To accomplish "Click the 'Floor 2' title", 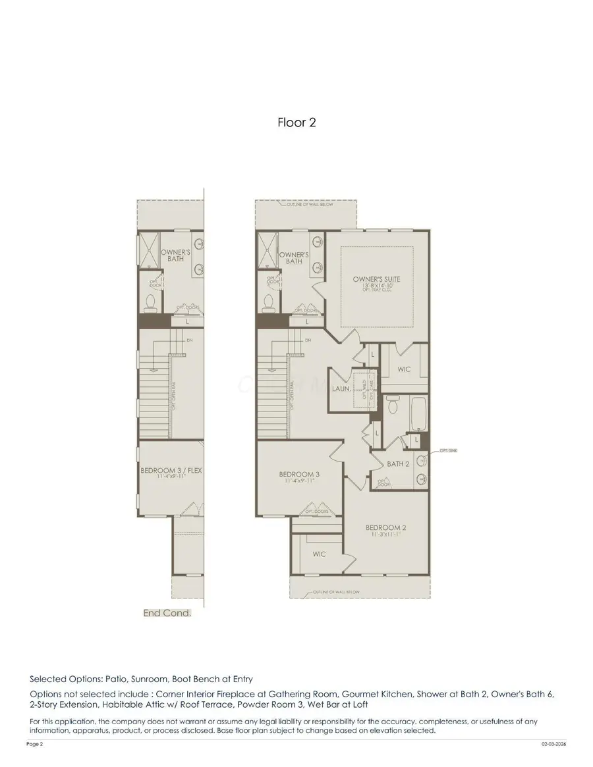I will [296, 122].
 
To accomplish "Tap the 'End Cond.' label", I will [167, 613].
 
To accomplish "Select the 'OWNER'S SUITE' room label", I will [376, 279].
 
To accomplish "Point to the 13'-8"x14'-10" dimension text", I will [376, 286].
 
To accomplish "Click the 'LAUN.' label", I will [340, 389].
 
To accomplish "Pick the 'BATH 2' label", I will [398, 463].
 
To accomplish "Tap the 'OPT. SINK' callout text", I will [449, 451].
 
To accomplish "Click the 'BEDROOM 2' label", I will [385, 527].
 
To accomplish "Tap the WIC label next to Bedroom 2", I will [319, 554].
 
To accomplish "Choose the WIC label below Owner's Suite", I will [404, 369].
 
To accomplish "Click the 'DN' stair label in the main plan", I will [307, 340].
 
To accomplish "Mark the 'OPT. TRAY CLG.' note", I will [376, 292].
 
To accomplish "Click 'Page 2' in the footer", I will [34, 744].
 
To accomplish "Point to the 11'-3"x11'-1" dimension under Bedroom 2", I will [385, 535].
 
